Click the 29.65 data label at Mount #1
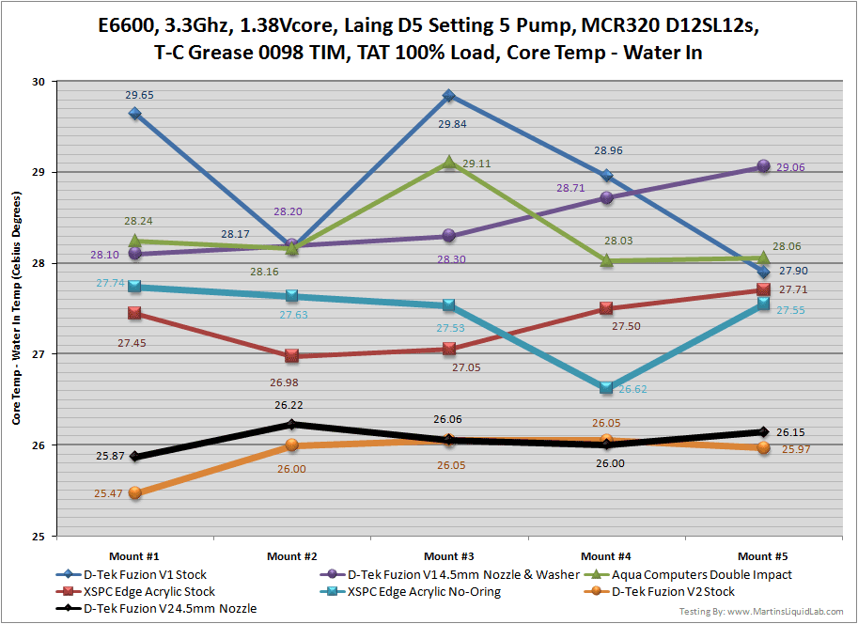coord(140,95)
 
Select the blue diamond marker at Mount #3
coord(449,96)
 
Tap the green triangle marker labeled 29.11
coord(449,163)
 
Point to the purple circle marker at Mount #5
coord(763,166)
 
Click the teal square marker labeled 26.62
coord(606,387)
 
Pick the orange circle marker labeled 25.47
coord(135,492)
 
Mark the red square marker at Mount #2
coord(291,356)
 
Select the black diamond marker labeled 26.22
coord(291,424)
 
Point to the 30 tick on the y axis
coord(39,82)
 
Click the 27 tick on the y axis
coord(39,354)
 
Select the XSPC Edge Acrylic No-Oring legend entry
coord(423,592)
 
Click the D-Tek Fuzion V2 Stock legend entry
coord(673,592)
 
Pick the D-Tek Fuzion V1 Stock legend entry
coord(146,574)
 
